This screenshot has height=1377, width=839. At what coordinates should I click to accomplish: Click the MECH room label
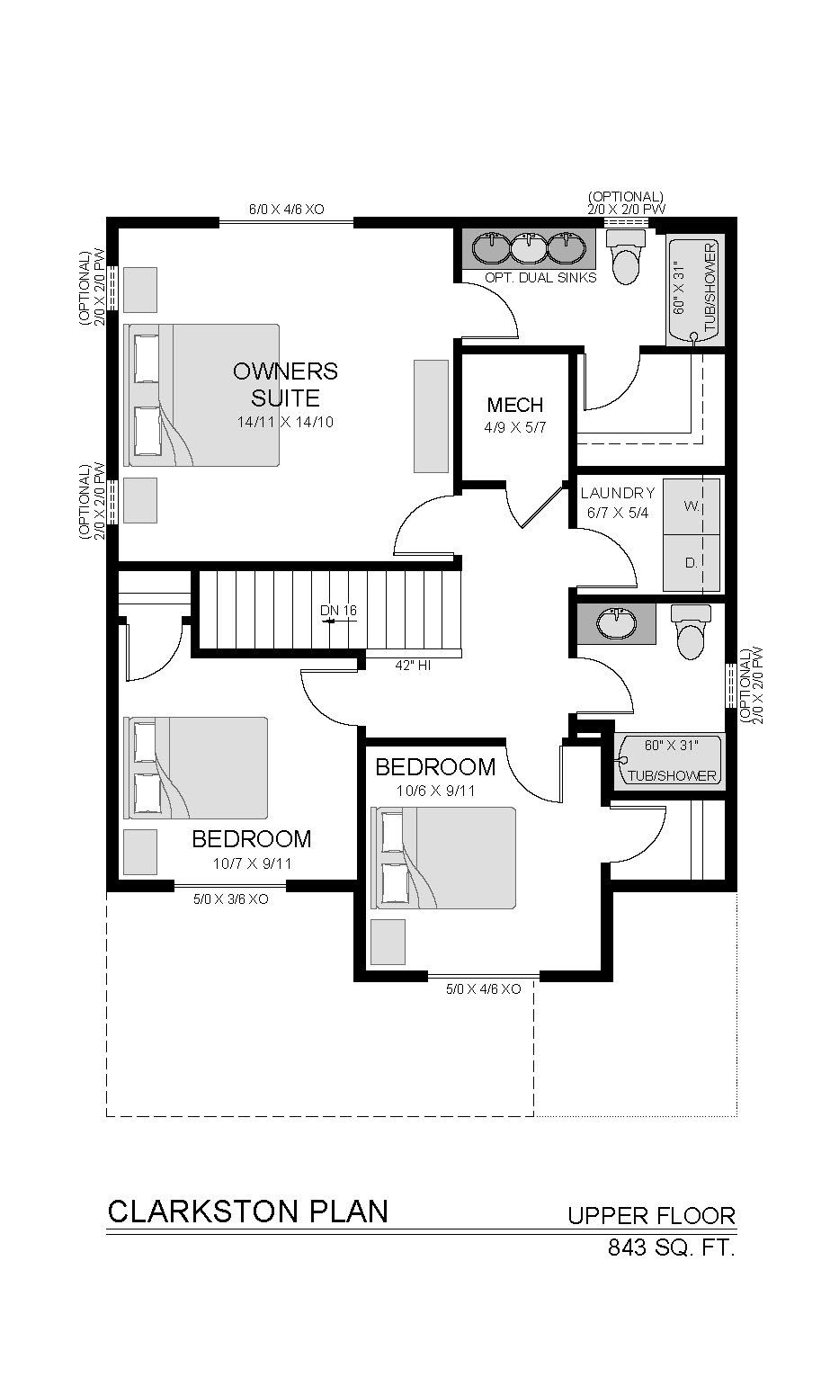[x=515, y=405]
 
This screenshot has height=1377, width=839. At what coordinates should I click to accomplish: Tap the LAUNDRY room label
[x=618, y=493]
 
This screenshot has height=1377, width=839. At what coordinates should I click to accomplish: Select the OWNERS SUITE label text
[x=285, y=385]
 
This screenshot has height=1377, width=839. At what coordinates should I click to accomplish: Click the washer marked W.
[x=692, y=506]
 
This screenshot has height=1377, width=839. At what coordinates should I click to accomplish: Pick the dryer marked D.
[x=692, y=562]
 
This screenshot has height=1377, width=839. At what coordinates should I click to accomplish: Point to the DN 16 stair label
[x=338, y=611]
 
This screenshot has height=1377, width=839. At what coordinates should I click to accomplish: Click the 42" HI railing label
[x=413, y=666]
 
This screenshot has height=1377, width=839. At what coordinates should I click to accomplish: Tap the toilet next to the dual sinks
[x=627, y=256]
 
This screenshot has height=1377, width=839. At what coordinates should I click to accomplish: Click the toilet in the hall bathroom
[x=691, y=631]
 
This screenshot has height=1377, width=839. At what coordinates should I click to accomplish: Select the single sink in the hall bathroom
[x=616, y=624]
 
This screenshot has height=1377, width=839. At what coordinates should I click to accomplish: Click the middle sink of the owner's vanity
[x=529, y=249]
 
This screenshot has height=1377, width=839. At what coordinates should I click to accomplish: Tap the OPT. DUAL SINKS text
[x=540, y=278]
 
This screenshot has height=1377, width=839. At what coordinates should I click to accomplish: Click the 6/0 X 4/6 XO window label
[x=287, y=210]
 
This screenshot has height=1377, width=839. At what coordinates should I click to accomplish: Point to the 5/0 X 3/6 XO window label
[x=231, y=899]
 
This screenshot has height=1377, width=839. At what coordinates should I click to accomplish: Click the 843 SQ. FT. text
[x=672, y=1247]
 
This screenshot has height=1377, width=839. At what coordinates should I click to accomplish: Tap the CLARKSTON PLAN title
[x=248, y=1212]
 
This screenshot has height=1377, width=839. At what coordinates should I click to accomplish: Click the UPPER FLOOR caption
[x=652, y=1215]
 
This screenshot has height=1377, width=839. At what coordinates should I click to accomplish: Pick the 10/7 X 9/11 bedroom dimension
[x=252, y=863]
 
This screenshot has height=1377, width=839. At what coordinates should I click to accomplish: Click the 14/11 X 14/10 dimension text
[x=286, y=422]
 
